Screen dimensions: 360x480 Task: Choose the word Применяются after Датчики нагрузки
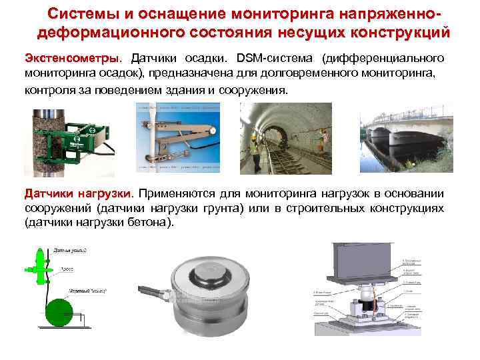point(176,193)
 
